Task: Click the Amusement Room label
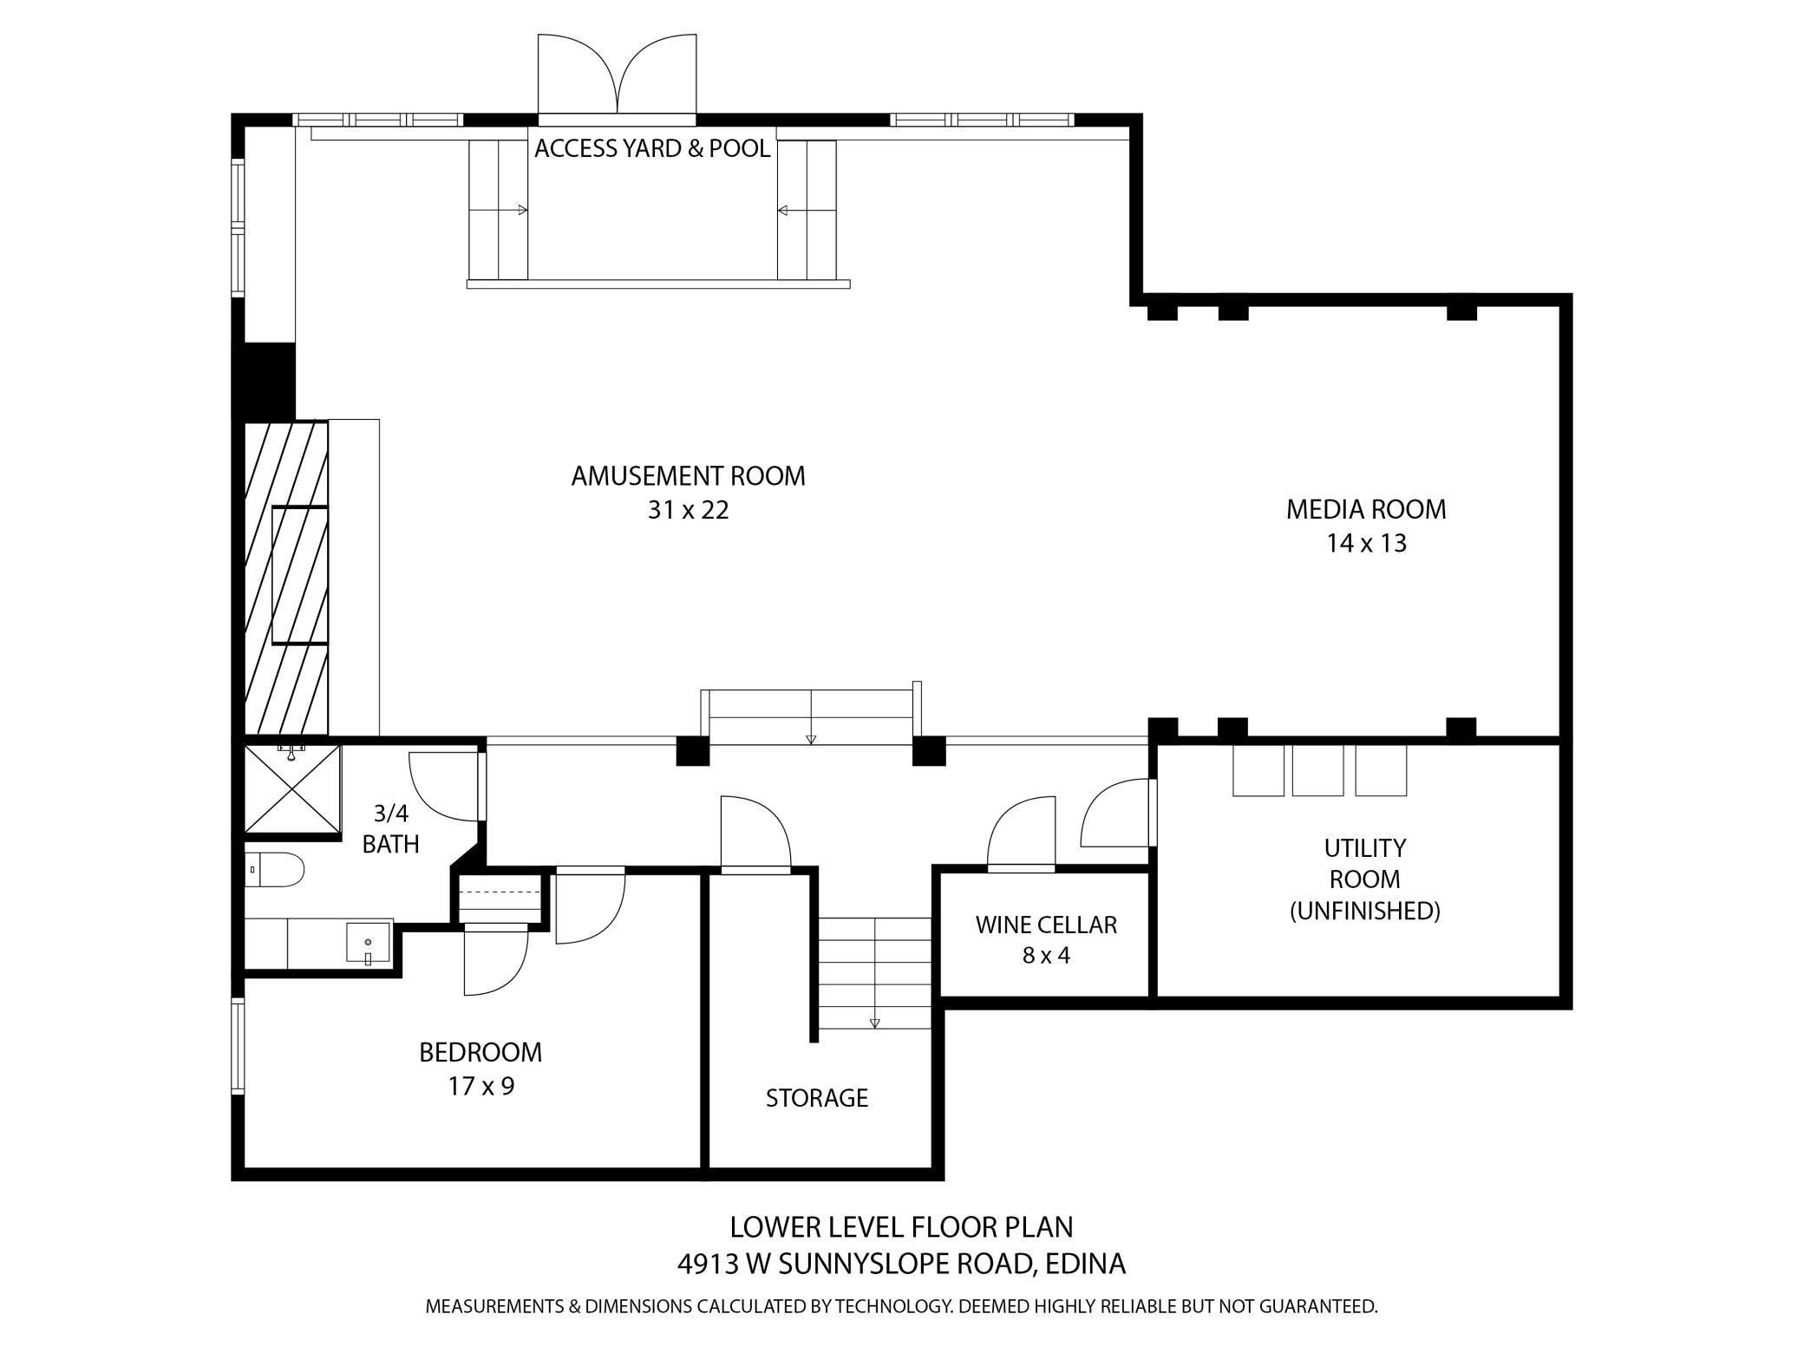pyautogui.click(x=688, y=493)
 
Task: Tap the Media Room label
pyautogui.click(x=1366, y=526)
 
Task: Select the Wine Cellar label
pyautogui.click(x=1046, y=939)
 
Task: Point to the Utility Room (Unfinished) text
pyautogui.click(x=1365, y=879)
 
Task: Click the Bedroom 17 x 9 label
pyautogui.click(x=480, y=1069)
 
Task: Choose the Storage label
pyautogui.click(x=817, y=1098)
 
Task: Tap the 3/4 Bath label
pyautogui.click(x=391, y=828)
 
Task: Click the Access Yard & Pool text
pyautogui.click(x=652, y=148)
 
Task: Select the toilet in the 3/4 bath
pyautogui.click(x=275, y=869)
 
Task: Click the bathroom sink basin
pyautogui.click(x=369, y=943)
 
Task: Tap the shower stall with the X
pyautogui.click(x=292, y=790)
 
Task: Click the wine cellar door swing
pyautogui.click(x=1022, y=830)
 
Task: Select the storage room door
pyautogui.click(x=755, y=832)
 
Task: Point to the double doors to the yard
pyautogui.click(x=617, y=75)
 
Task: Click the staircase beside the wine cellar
pyautogui.click(x=875, y=973)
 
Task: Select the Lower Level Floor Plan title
pyautogui.click(x=901, y=1227)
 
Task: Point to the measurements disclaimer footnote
pyautogui.click(x=901, y=1306)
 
